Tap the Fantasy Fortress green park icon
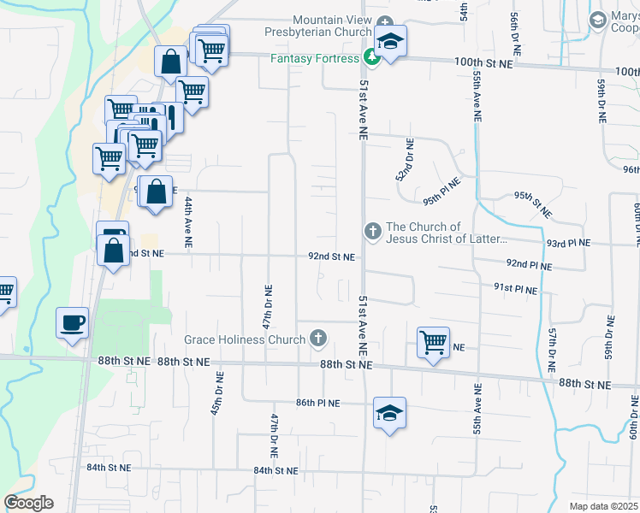pos(372,58)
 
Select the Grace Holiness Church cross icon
pos(318,339)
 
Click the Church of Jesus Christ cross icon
pos(372,231)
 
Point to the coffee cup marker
pos(72,322)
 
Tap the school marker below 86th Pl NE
pos(389,414)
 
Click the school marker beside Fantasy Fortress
pos(390,42)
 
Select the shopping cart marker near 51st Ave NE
pos(434,342)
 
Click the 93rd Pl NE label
pos(568,243)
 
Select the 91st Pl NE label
pos(515,290)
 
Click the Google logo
pos(28,503)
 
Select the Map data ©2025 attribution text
pos(604,506)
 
